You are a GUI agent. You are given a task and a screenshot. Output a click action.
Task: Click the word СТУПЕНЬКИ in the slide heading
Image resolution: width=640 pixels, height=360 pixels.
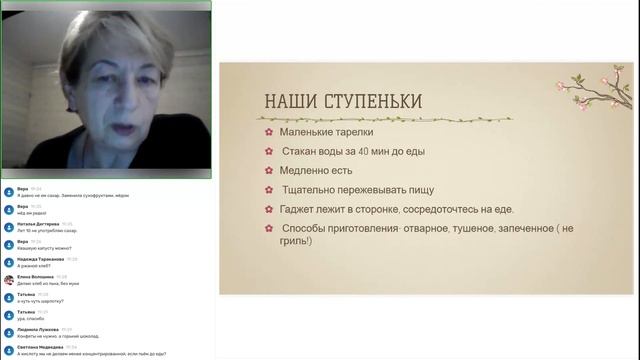[372, 102]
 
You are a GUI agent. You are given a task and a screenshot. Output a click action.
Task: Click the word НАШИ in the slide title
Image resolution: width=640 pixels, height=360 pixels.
[291, 102]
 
